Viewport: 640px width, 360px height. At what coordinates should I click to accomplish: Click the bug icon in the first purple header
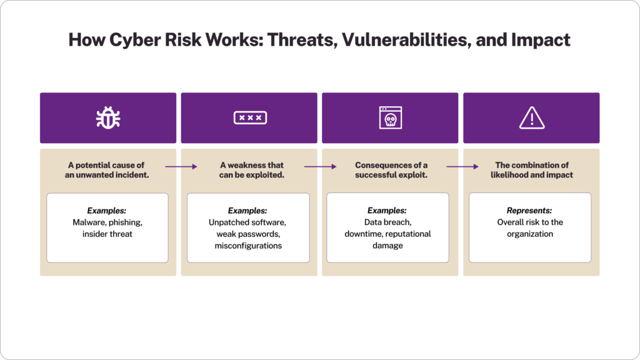click(x=107, y=117)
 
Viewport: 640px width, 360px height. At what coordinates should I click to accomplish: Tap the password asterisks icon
click(x=250, y=117)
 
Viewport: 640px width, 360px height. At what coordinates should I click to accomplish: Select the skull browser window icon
click(x=391, y=117)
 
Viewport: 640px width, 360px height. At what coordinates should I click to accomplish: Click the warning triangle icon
click(x=532, y=117)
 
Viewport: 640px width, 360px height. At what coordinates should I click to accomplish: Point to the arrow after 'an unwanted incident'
click(x=181, y=166)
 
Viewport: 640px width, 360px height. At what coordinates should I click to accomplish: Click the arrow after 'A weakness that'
click(x=321, y=166)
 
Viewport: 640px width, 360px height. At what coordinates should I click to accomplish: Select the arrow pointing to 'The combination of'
click(x=462, y=166)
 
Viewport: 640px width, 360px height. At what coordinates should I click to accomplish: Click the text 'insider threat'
click(x=107, y=234)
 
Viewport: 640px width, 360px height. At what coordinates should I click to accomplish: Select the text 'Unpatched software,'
click(x=247, y=222)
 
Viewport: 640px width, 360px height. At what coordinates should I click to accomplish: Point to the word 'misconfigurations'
click(x=247, y=246)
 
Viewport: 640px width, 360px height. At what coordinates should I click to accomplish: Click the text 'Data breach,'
click(x=386, y=222)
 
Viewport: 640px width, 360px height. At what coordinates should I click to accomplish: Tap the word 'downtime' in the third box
click(x=363, y=234)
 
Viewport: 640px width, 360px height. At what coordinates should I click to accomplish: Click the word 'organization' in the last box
click(x=530, y=234)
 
